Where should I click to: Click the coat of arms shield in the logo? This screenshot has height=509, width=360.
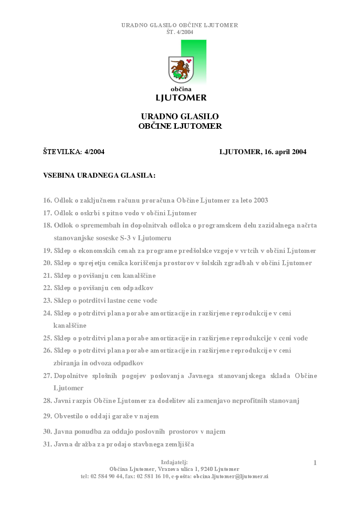tap(181, 70)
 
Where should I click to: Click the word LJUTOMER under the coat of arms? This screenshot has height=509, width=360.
tap(181, 97)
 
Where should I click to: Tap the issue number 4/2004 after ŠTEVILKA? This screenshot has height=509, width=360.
tap(94, 152)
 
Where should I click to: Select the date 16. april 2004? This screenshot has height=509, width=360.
tap(284, 152)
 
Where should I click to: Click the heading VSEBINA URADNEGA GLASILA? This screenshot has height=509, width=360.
tap(99, 175)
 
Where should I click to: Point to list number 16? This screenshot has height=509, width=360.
tap(47, 200)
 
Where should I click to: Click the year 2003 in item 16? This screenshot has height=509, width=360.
tap(260, 200)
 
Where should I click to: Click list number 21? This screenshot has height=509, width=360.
tap(47, 276)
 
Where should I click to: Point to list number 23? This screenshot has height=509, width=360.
tap(47, 301)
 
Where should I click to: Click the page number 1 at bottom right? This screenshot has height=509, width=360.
tap(315, 463)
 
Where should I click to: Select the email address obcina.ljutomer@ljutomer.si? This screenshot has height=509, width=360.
tap(231, 476)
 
